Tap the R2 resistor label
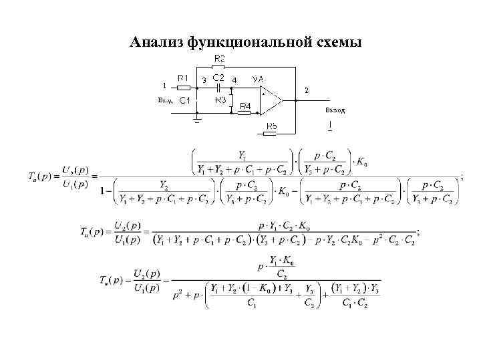[x=218, y=58]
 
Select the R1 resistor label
[x=182, y=78]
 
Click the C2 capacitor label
[x=218, y=78]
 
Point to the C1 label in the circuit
[x=184, y=100]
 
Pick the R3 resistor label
[x=220, y=100]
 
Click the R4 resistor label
[x=245, y=106]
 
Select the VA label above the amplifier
[x=258, y=79]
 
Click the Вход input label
[x=165, y=100]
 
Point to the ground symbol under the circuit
[x=196, y=121]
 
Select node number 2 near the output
[x=307, y=90]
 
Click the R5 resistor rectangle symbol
[x=269, y=133]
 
